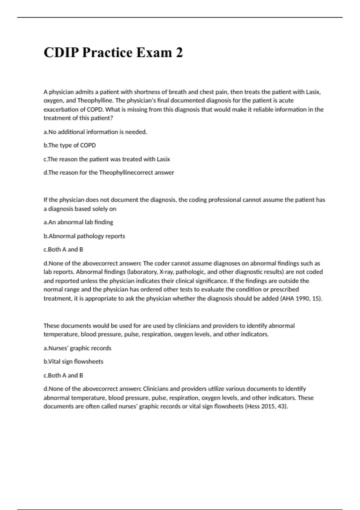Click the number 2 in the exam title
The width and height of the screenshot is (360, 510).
(x=179, y=53)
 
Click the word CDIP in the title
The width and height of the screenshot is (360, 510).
(x=61, y=53)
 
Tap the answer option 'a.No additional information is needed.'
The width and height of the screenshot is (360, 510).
(x=95, y=132)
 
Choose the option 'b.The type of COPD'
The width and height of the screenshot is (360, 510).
(x=70, y=145)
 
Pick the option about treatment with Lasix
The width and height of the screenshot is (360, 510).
(x=107, y=159)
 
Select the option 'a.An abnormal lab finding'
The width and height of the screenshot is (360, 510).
(x=78, y=222)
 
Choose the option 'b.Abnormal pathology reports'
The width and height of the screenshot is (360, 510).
(x=84, y=236)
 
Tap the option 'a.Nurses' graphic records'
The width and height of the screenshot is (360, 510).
(x=77, y=348)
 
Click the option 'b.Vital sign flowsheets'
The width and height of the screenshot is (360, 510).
(x=73, y=362)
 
